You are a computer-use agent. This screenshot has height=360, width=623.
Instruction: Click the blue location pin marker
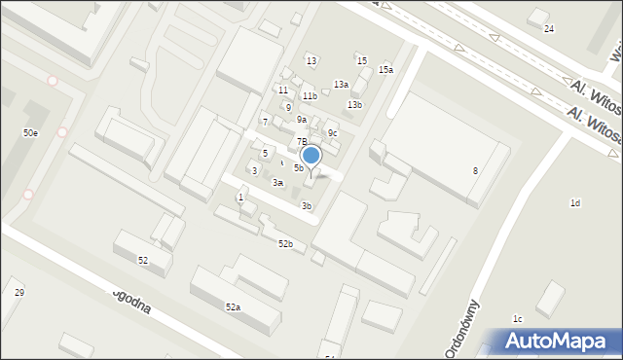(x=311, y=156)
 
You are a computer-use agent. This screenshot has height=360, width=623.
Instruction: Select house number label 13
(x=311, y=61)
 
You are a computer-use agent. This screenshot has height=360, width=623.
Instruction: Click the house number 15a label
(x=386, y=70)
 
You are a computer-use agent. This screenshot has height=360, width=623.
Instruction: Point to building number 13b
(x=355, y=105)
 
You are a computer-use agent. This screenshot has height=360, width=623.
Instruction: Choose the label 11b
(x=310, y=96)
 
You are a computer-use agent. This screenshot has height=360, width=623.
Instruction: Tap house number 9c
(x=332, y=133)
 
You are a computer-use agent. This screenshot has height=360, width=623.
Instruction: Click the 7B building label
(x=302, y=142)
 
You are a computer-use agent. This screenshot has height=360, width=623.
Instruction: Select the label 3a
(x=277, y=183)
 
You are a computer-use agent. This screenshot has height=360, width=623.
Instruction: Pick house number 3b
(x=307, y=206)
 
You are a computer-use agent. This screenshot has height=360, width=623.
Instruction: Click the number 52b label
(x=285, y=244)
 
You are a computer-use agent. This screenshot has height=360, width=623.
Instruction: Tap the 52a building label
(x=234, y=307)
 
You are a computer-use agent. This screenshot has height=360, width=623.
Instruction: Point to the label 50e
(x=31, y=132)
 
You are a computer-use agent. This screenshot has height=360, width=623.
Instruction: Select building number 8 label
(x=475, y=171)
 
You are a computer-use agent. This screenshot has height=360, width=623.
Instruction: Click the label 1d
(x=575, y=203)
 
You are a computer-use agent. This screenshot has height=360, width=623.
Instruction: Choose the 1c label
(x=518, y=319)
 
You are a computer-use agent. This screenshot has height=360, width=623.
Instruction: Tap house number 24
(x=549, y=29)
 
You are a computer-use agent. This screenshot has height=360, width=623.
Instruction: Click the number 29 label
(x=18, y=293)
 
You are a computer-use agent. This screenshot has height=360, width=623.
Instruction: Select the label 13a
(x=341, y=85)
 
